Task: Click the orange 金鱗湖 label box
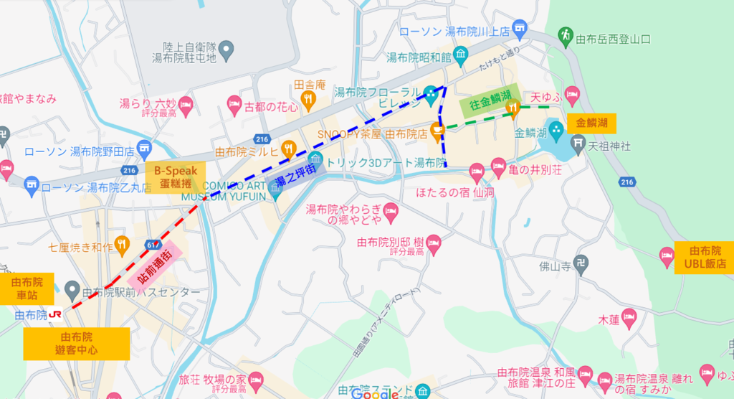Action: point(591,123)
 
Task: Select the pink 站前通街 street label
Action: point(153,268)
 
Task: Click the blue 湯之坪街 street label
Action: point(296,180)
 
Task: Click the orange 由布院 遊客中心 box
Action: point(77,343)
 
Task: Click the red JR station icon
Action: point(55,314)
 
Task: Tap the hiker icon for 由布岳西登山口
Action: point(566,34)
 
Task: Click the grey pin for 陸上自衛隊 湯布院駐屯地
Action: point(227,50)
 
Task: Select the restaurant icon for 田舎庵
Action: point(310,98)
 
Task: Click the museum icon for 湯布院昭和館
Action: point(460,52)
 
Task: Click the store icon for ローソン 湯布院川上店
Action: point(519,31)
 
